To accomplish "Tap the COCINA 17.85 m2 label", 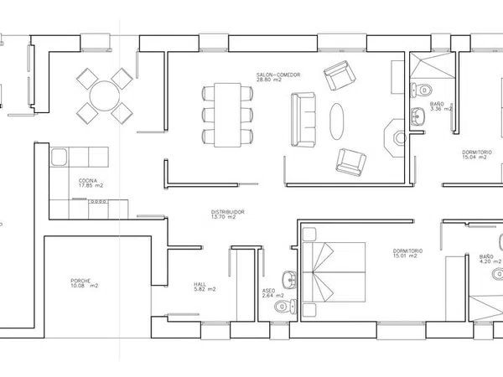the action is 91,183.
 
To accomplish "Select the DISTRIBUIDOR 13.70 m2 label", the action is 228,214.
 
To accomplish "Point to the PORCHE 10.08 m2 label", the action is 85,283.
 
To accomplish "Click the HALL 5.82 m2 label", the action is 205,287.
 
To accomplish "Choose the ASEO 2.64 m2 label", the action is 273,293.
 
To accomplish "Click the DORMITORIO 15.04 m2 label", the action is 477,154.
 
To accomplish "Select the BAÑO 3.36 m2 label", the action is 441,106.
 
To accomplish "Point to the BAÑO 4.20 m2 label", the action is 490,259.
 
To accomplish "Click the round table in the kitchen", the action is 105,96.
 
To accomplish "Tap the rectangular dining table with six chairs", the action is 227,115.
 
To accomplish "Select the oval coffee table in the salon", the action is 337,121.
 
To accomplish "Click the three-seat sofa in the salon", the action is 303,120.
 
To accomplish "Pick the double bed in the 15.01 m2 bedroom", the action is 334,272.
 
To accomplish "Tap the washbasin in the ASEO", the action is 289,280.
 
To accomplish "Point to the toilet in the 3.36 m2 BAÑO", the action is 421,90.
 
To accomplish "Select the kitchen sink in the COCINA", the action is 59,158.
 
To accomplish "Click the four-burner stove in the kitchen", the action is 98,202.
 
